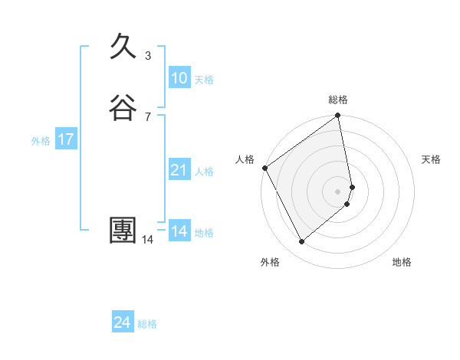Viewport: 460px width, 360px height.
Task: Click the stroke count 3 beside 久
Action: (x=148, y=56)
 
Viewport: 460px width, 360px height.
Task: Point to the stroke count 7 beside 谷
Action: (x=148, y=116)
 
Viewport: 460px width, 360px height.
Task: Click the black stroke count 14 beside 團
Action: (x=148, y=240)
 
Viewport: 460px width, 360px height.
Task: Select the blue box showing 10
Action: (x=179, y=78)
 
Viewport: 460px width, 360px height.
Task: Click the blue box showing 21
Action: (x=179, y=170)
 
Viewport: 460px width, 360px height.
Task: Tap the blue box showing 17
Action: (x=66, y=139)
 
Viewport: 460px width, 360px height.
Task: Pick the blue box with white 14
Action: (x=179, y=231)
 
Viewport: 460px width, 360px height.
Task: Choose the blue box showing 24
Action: (x=123, y=322)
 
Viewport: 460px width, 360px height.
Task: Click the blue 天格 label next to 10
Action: (x=204, y=80)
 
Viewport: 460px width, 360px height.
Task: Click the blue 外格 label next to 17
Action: (x=41, y=141)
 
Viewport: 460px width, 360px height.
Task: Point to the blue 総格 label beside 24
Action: (x=147, y=324)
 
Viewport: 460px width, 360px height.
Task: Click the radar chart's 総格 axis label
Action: (x=338, y=100)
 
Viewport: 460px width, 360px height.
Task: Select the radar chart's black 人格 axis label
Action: (x=245, y=159)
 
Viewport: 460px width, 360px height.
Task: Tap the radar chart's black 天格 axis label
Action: (x=431, y=159)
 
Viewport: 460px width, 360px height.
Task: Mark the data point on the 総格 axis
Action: (x=338, y=116)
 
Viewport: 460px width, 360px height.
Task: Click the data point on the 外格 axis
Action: (x=301, y=241)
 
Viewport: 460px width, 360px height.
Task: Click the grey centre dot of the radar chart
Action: (x=338, y=191)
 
